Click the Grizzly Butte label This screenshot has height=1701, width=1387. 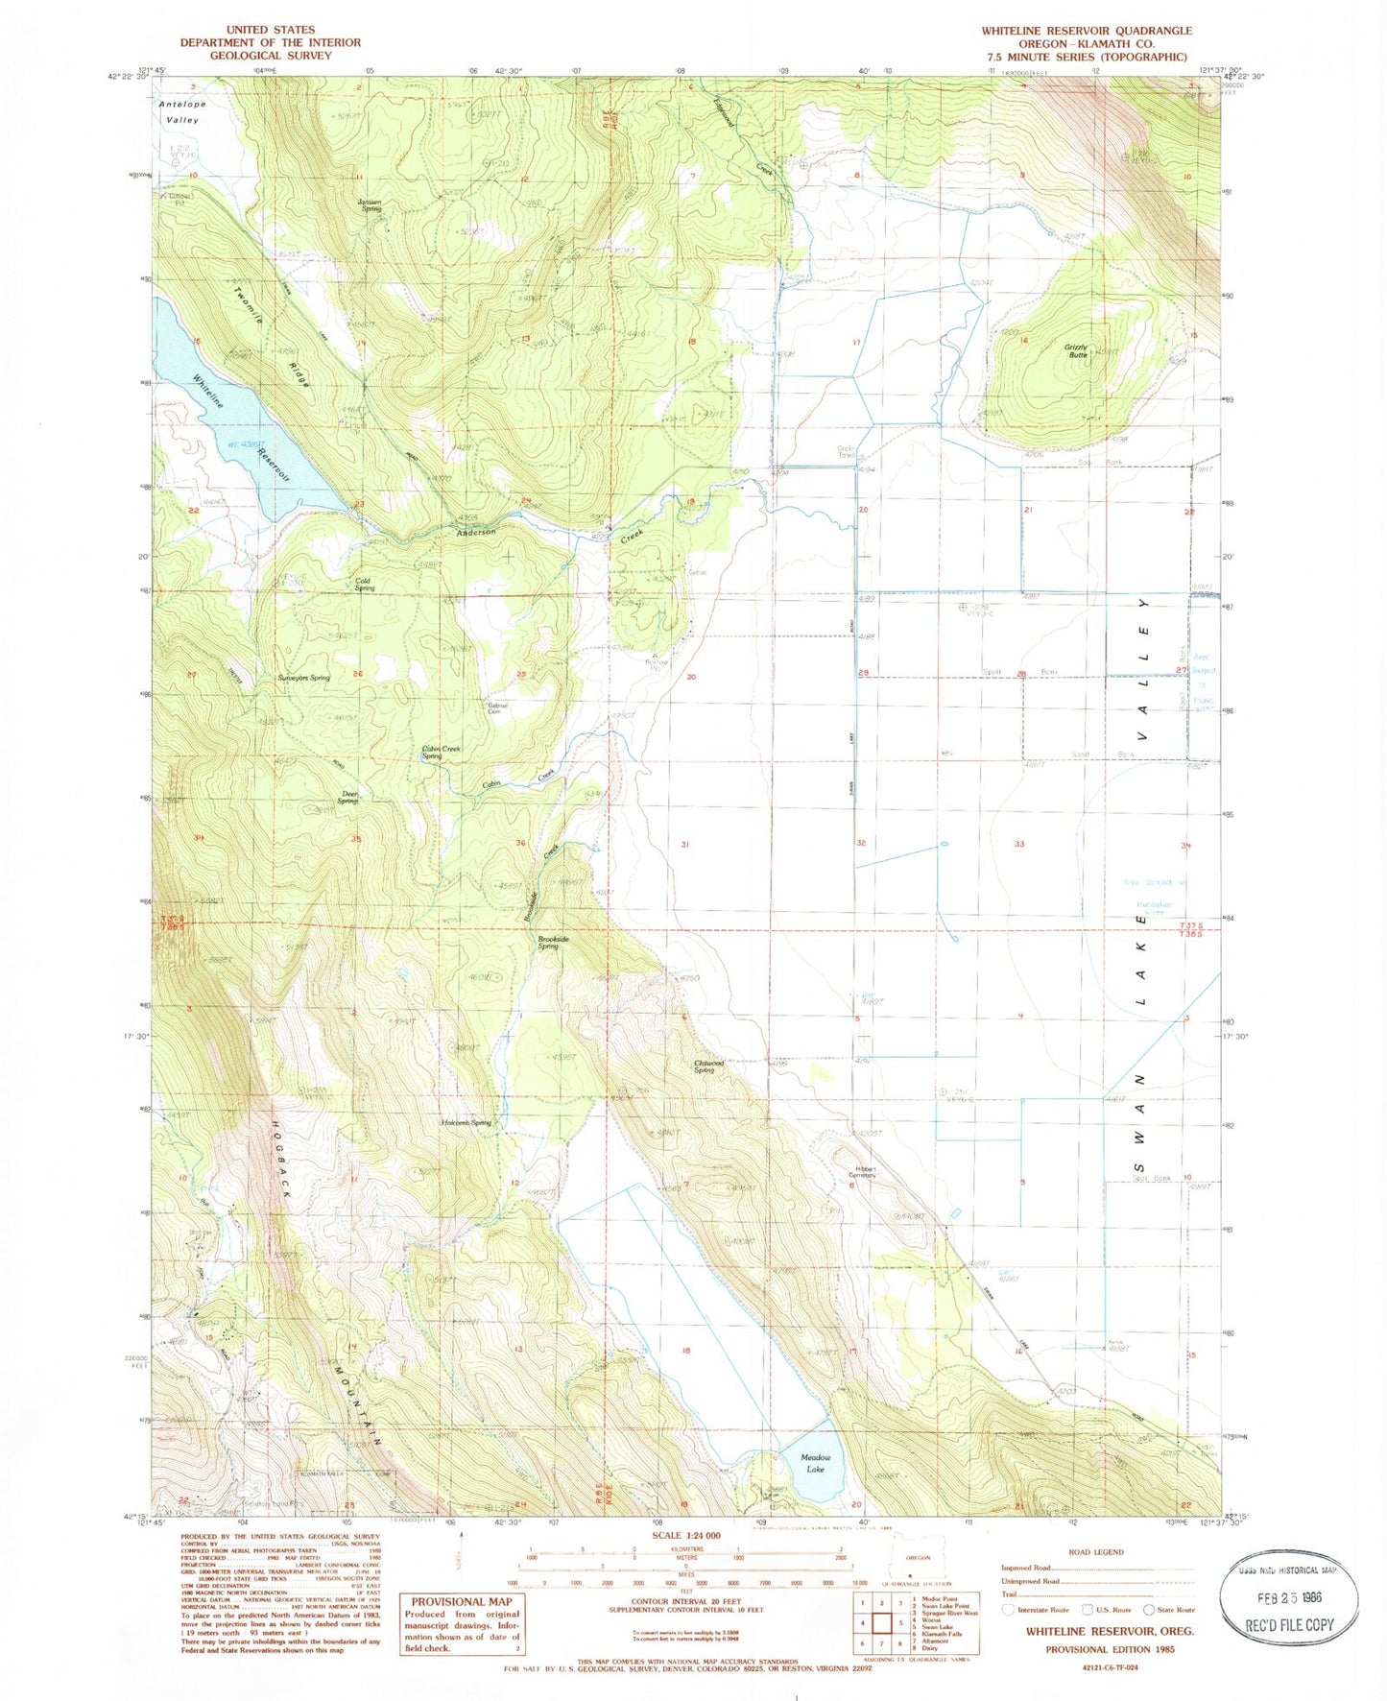[x=1075, y=350]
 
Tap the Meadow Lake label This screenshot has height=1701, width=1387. [x=814, y=1463]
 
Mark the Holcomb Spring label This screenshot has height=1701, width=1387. [x=466, y=1122]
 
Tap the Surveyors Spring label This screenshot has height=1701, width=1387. [x=303, y=677]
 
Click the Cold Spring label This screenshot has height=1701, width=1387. [x=364, y=584]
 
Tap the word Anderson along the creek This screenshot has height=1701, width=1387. [x=476, y=532]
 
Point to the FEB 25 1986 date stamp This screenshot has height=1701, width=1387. [x=1288, y=1600]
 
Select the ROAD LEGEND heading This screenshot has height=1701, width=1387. [x=1096, y=1552]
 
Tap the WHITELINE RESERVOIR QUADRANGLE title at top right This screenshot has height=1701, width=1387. [x=1086, y=31]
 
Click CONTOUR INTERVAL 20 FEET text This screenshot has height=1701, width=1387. [x=685, y=1600]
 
